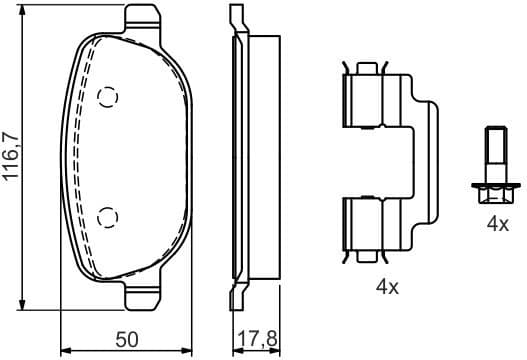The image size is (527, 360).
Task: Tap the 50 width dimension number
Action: tap(126, 339)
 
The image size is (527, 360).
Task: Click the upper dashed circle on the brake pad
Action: tap(108, 96)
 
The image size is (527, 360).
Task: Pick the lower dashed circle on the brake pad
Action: tap(108, 215)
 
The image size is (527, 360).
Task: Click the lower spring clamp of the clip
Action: tap(368, 226)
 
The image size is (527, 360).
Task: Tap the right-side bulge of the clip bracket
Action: tap(429, 160)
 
